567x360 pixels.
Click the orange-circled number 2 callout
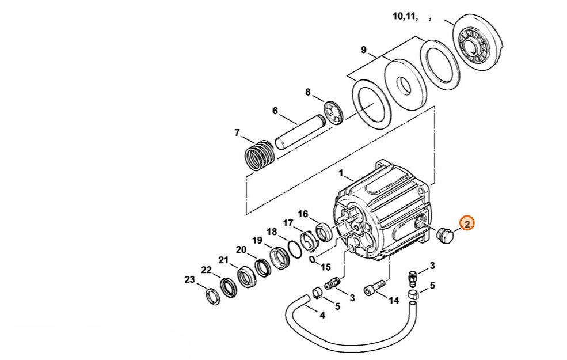click(x=466, y=224)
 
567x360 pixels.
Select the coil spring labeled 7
click(x=260, y=154)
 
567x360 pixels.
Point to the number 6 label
click(x=275, y=111)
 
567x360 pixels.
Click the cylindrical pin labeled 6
click(x=300, y=131)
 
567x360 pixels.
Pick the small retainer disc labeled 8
click(x=333, y=113)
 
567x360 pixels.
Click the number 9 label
click(x=364, y=50)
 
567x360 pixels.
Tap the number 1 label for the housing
click(x=341, y=174)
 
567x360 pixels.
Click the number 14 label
click(x=393, y=300)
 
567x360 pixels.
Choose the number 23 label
click(x=189, y=280)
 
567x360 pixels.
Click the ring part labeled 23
click(x=212, y=297)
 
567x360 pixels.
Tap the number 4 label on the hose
click(x=322, y=315)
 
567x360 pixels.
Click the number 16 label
click(x=303, y=214)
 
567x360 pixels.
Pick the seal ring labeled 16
click(x=324, y=233)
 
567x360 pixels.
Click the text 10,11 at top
click(x=405, y=16)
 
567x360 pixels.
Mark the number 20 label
click(x=241, y=249)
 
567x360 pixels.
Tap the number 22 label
click(x=206, y=270)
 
